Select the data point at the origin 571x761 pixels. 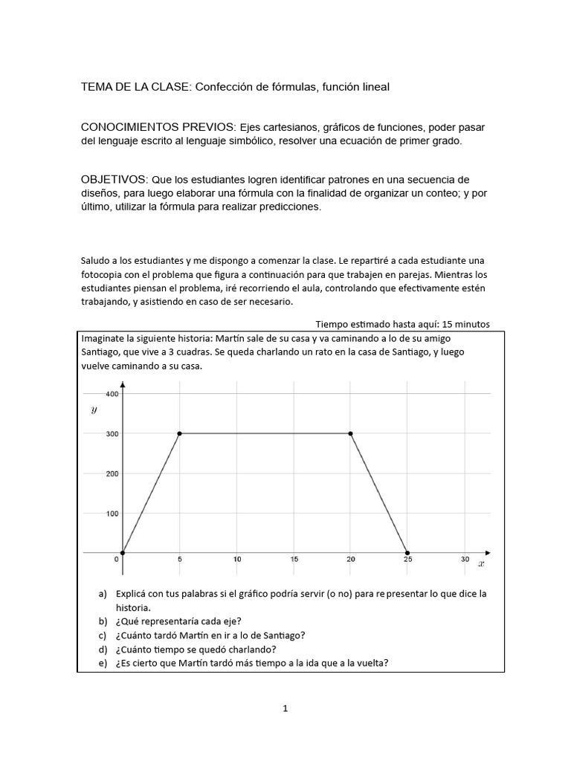(x=123, y=552)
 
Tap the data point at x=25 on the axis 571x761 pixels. (x=407, y=552)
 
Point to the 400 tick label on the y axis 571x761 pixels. (x=112, y=394)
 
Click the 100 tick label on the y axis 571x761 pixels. (x=112, y=513)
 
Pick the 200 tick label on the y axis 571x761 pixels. (x=112, y=473)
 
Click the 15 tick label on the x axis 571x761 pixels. (x=294, y=560)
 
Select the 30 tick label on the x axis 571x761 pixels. (x=465, y=560)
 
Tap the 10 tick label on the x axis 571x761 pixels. (x=236, y=560)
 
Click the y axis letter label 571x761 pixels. (x=94, y=409)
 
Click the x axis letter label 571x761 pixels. (x=481, y=564)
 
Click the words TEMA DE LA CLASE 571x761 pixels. (x=136, y=87)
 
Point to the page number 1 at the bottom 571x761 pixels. (x=285, y=709)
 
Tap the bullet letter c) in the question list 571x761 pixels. (x=103, y=635)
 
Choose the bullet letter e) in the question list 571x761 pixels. (x=103, y=663)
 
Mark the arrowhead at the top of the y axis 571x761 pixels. (x=123, y=385)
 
